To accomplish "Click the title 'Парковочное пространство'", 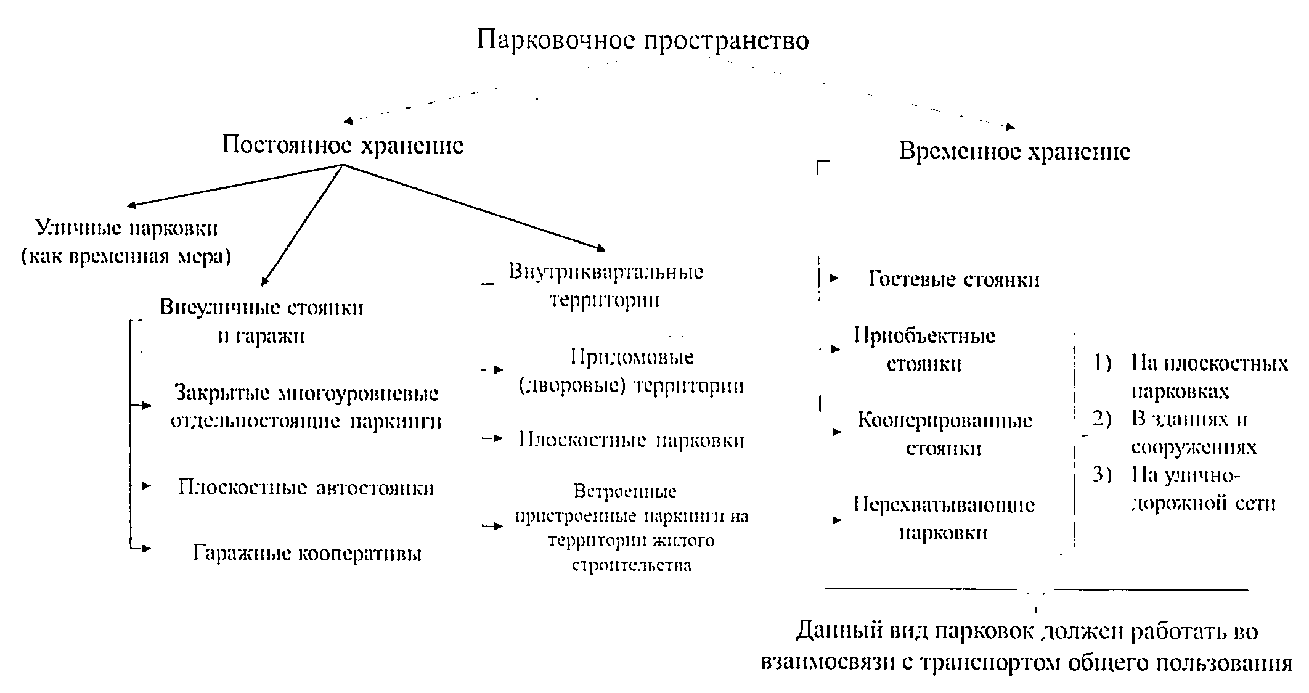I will [643, 41].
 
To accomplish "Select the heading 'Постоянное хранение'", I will [343, 146].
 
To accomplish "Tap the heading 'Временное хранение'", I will [1014, 152].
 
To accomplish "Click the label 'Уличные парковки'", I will [126, 229].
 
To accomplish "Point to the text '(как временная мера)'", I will [126, 256].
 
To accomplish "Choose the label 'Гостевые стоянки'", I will [953, 280].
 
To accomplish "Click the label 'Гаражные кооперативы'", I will [307, 553].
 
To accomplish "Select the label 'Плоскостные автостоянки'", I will [306, 488].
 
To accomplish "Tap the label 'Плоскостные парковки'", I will [631, 440].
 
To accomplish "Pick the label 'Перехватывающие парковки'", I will [944, 519].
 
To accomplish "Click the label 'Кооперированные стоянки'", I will [944, 434].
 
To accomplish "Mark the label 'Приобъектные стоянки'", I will [924, 350].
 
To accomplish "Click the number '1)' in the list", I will [1102, 363].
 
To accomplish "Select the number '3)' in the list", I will [1102, 475].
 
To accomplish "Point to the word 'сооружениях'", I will [1193, 447].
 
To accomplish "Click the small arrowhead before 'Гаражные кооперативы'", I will [146, 548].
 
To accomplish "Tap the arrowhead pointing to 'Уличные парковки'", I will [131, 206].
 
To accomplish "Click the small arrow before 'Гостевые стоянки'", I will [834, 279].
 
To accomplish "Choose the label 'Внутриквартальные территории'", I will [605, 286].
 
